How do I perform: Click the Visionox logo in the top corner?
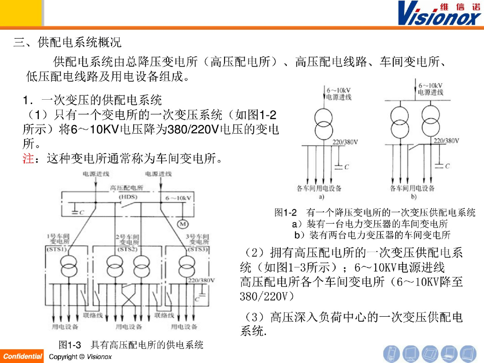point(439,13)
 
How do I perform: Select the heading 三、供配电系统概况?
point(67,43)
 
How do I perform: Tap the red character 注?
point(28,158)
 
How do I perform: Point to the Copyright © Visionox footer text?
point(80,356)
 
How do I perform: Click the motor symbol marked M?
point(182,223)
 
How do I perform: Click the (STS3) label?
point(198,249)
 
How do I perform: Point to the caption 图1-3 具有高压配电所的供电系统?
point(130,345)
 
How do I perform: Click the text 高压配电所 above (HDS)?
point(127,188)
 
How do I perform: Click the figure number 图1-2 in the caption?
point(285,213)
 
